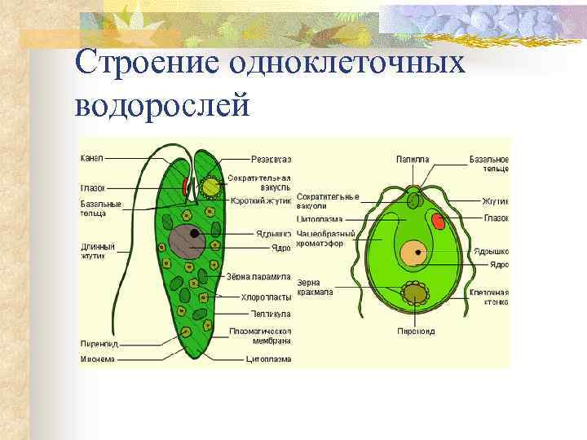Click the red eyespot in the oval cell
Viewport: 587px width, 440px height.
click(x=438, y=221)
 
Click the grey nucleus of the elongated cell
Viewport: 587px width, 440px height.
click(x=187, y=241)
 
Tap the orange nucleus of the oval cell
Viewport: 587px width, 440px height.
click(x=413, y=253)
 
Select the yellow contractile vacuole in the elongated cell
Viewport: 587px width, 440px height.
click(x=211, y=187)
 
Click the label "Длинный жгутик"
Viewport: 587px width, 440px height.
click(x=97, y=250)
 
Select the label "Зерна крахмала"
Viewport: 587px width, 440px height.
click(x=315, y=287)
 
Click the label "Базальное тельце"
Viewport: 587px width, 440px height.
click(x=489, y=163)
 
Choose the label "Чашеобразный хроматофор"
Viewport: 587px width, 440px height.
click(x=326, y=238)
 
